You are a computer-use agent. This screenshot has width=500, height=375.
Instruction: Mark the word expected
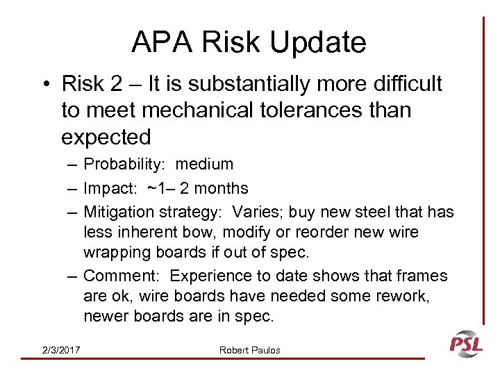106,137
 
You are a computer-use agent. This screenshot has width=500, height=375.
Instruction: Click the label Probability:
126,165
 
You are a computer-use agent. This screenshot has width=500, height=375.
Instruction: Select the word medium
204,165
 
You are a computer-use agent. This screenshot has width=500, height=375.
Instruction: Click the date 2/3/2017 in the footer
60,350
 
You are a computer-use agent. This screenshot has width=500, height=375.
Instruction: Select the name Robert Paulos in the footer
249,350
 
